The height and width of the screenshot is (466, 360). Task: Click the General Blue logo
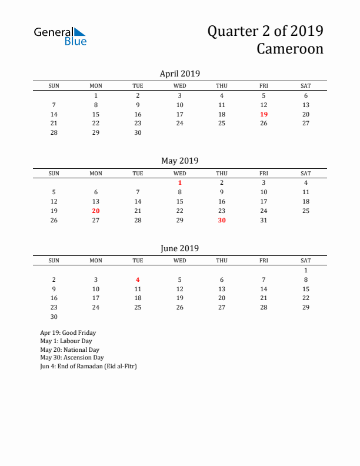pyautogui.click(x=60, y=36)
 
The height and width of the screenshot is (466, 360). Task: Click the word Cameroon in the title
pyautogui.click(x=289, y=49)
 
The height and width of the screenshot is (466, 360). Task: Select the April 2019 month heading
pyautogui.click(x=180, y=74)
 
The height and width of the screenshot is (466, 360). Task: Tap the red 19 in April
pyautogui.click(x=264, y=114)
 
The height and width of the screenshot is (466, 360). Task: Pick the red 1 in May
pyautogui.click(x=180, y=182)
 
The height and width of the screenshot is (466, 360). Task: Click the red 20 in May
pyautogui.click(x=96, y=211)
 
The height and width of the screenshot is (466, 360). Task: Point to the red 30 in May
pyautogui.click(x=222, y=220)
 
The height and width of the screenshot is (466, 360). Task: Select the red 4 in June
pyautogui.click(x=138, y=279)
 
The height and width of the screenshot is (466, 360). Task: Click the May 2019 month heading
pyautogui.click(x=180, y=161)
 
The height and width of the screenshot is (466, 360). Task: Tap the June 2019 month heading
pyautogui.click(x=180, y=248)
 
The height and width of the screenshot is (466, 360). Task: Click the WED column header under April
pyautogui.click(x=180, y=86)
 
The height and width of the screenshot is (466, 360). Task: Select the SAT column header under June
pyautogui.click(x=306, y=261)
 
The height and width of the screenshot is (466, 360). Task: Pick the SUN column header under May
pyautogui.click(x=54, y=174)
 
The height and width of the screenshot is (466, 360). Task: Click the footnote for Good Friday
pyautogui.click(x=68, y=332)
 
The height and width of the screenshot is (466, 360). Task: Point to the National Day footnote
pyautogui.click(x=68, y=349)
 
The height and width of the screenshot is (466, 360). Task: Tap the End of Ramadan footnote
pyautogui.click(x=88, y=365)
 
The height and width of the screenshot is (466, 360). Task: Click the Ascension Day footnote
pyautogui.click(x=72, y=357)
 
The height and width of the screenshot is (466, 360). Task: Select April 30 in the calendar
pyautogui.click(x=138, y=133)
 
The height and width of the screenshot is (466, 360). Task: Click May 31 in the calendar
pyautogui.click(x=264, y=220)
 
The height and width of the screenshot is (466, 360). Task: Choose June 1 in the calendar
pyautogui.click(x=306, y=270)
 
